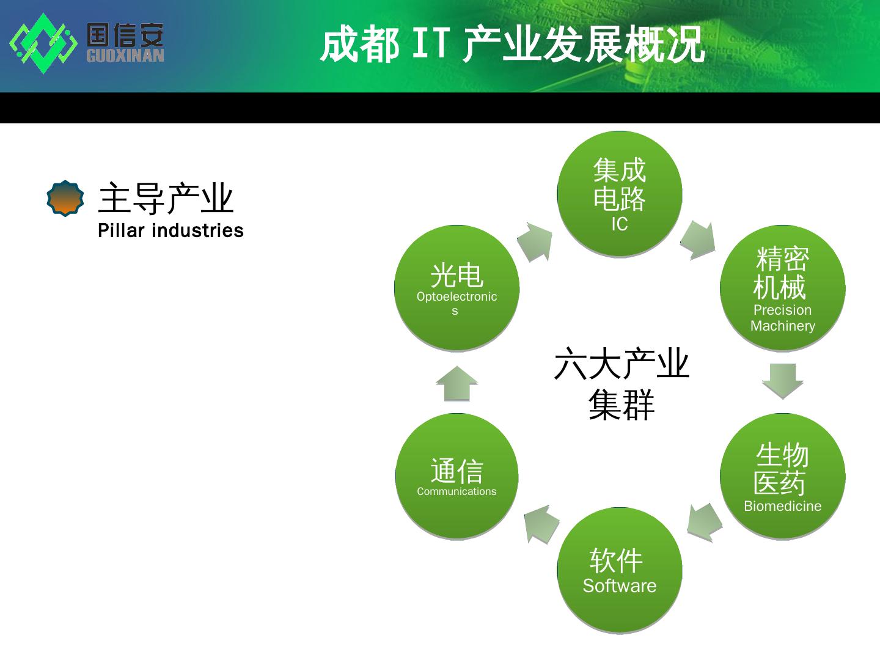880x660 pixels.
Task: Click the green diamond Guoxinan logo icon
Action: pyautogui.click(x=43, y=43)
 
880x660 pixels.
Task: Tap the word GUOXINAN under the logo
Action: pyautogui.click(x=125, y=56)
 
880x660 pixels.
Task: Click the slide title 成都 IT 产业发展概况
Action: pyautogui.click(x=512, y=45)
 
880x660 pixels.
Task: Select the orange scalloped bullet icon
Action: pyautogui.click(x=65, y=199)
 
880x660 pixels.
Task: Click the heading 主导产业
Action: pyautogui.click(x=166, y=198)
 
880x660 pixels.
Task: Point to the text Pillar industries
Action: pyautogui.click(x=170, y=230)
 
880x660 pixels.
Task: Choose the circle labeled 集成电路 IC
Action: pyautogui.click(x=620, y=194)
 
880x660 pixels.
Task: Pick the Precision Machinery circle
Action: pyautogui.click(x=782, y=288)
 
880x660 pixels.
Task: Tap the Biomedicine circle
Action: pyautogui.click(x=782, y=477)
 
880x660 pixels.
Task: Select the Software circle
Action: pyautogui.click(x=620, y=570)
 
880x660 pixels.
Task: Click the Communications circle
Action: pyautogui.click(x=457, y=477)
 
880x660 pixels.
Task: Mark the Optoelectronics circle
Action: pyautogui.click(x=457, y=288)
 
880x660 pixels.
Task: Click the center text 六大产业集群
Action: pyautogui.click(x=621, y=385)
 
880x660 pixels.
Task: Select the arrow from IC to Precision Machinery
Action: pyautogui.click(x=698, y=240)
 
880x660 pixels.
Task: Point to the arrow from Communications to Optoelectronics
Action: pyautogui.click(x=457, y=384)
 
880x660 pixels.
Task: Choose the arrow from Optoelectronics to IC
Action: pyautogui.click(x=536, y=242)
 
